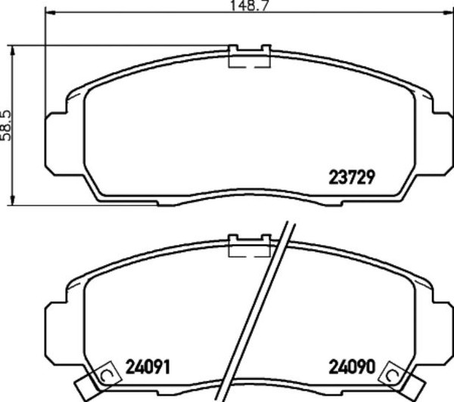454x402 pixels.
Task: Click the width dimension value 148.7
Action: (x=250, y=6)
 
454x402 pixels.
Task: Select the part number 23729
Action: (x=352, y=178)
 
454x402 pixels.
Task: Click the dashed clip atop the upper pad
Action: (x=250, y=57)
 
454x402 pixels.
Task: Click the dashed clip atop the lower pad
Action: (x=250, y=246)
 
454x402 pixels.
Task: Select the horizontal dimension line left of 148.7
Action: (x=136, y=13)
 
